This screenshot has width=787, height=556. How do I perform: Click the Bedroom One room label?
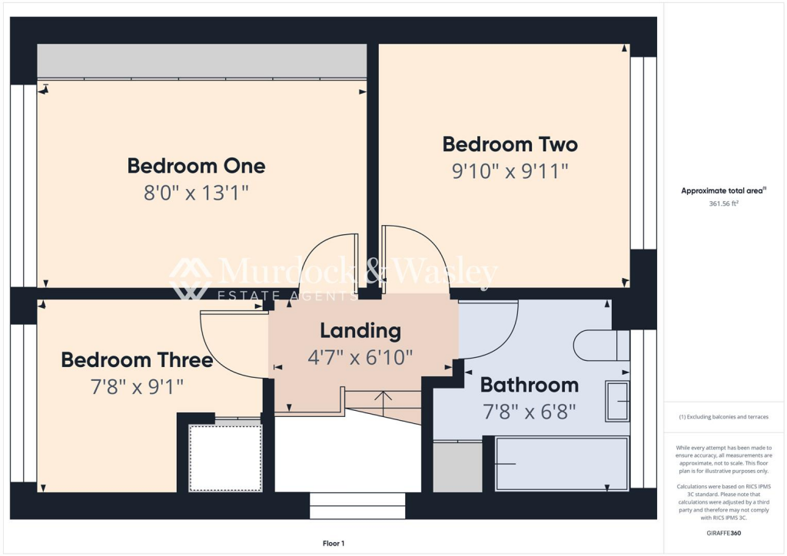(196, 166)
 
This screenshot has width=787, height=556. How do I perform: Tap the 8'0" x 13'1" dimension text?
(196, 192)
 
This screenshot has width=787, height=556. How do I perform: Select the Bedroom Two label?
(510, 144)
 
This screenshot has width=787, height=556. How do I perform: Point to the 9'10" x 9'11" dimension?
(510, 170)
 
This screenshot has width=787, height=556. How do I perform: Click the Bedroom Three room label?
(137, 360)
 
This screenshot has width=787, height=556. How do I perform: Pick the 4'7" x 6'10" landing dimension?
(360, 356)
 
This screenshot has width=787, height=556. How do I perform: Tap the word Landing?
(360, 331)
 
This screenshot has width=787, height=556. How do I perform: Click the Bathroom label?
(529, 385)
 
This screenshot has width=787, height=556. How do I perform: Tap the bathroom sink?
(617, 401)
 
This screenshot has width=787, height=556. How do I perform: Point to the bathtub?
(562, 464)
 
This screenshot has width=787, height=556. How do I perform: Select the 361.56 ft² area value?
(723, 204)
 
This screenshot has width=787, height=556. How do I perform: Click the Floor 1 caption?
(334, 544)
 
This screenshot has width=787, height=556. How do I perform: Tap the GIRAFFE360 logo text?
(723, 532)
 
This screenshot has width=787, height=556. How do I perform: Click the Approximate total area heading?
(723, 191)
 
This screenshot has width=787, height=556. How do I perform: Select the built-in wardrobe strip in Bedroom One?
(201, 61)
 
